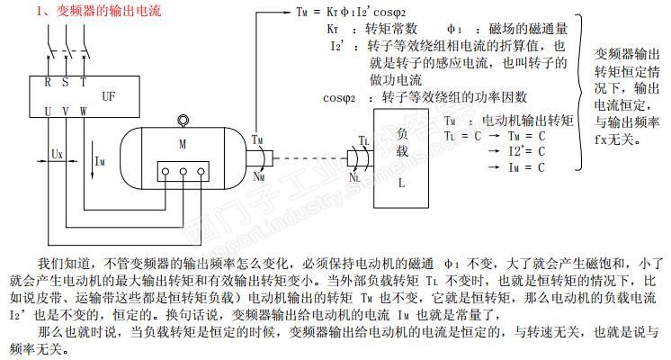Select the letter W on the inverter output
tap(84, 111)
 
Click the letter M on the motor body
tap(182, 143)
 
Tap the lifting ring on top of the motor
tap(184, 120)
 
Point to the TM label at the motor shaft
tap(258, 139)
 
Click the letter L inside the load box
tap(402, 181)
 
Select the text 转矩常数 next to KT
tap(389, 30)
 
